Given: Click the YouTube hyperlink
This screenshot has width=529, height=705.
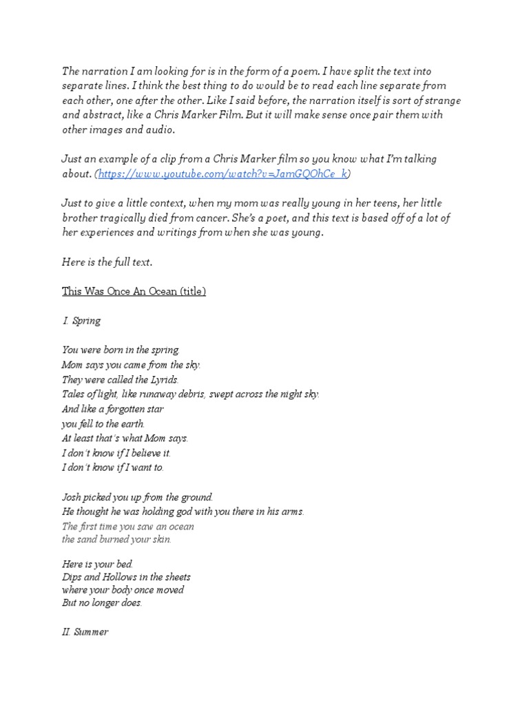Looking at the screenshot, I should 223,174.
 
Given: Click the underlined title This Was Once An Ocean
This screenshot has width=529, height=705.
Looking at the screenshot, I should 134,291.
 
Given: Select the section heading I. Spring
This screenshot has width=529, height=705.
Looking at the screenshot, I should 81,321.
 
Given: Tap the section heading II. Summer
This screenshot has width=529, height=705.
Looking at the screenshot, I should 85,631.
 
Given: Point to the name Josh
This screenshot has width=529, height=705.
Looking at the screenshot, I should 72,496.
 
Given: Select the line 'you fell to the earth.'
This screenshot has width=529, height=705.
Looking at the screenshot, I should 103,423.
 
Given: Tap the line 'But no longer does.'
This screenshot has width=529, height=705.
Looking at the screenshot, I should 102,603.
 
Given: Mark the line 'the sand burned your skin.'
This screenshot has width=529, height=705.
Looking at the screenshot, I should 116,539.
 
